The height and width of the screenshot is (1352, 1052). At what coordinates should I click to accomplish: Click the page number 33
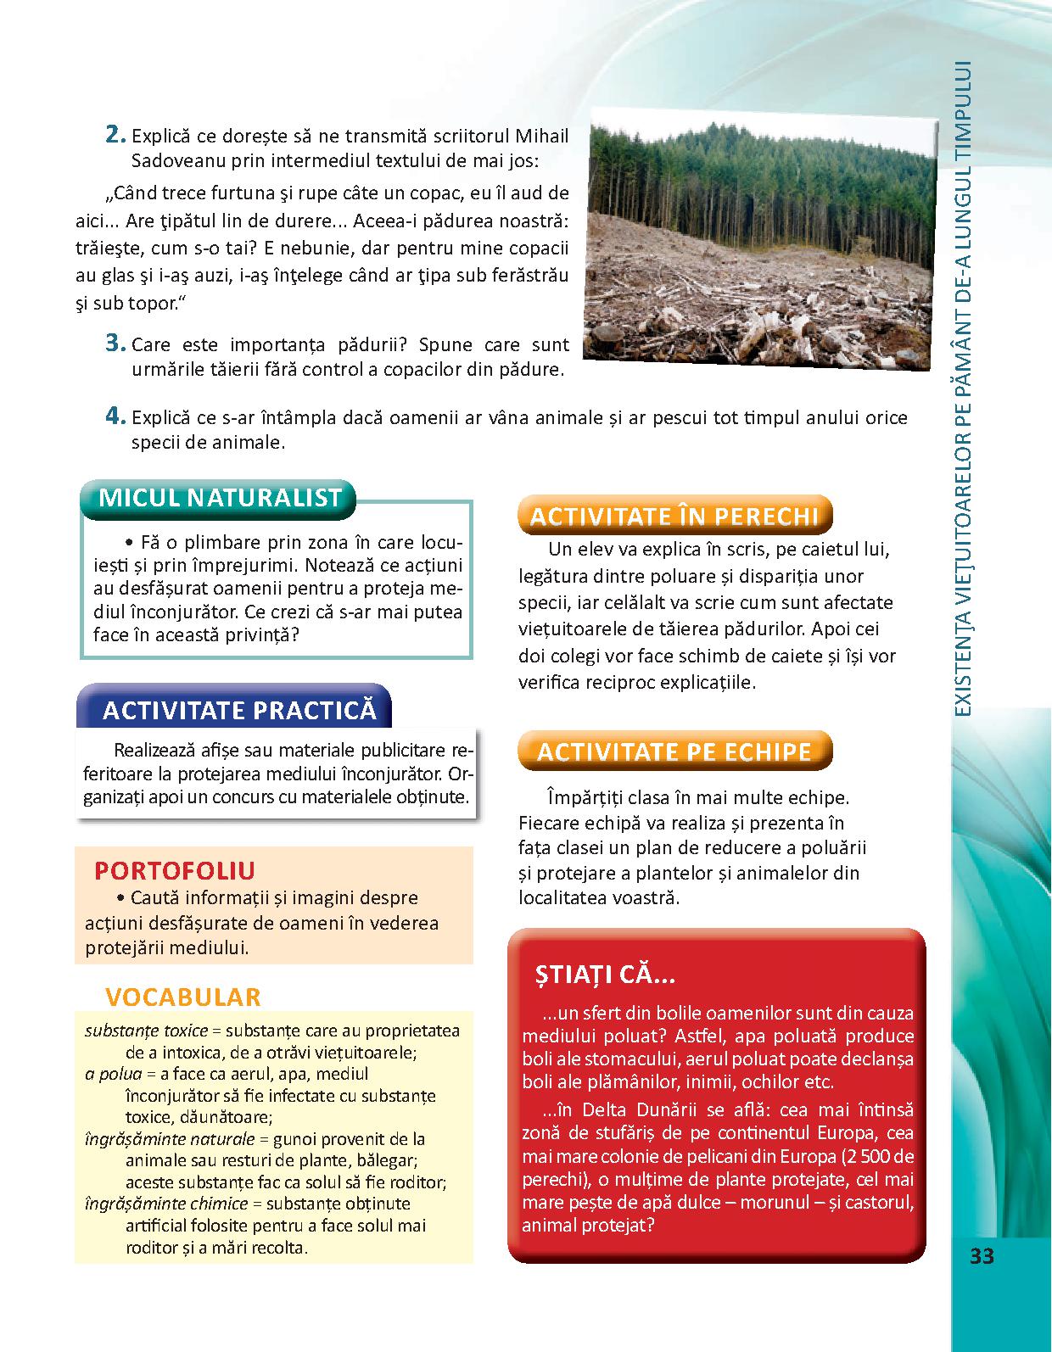click(982, 1256)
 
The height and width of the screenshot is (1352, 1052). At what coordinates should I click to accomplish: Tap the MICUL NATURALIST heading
click(220, 498)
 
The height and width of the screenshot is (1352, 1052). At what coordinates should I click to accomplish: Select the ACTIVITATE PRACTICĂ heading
click(239, 710)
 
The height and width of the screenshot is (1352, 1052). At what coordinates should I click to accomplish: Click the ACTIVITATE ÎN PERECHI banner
click(674, 516)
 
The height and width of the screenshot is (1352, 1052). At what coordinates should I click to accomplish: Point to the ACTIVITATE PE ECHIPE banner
click(674, 751)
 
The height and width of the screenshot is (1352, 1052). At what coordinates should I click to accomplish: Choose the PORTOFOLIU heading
click(175, 871)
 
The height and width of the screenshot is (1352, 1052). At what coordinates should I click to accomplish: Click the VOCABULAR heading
click(182, 997)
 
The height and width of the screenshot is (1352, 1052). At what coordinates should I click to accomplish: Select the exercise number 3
click(115, 344)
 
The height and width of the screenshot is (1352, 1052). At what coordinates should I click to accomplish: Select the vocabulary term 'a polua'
click(113, 1074)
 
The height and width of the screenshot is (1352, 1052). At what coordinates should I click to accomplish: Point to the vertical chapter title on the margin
click(961, 390)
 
